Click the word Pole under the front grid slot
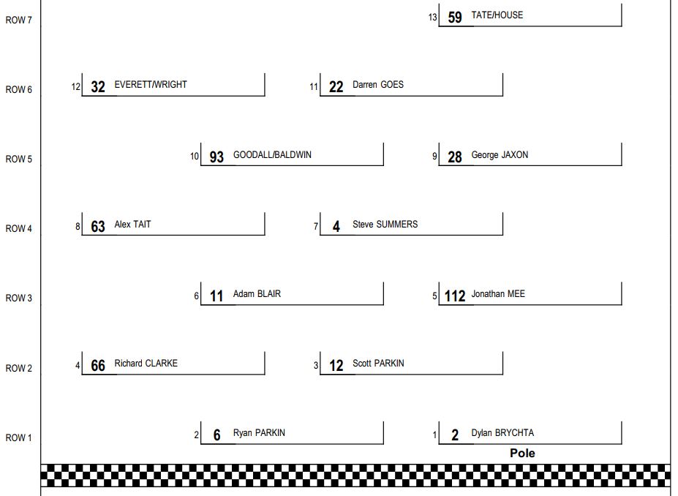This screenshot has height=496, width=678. (522, 453)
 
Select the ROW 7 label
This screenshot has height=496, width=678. (18, 20)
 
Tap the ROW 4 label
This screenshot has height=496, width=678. (18, 228)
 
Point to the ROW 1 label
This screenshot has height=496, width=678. (18, 437)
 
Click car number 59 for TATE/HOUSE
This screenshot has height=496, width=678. (455, 18)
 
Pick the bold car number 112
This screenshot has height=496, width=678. (455, 296)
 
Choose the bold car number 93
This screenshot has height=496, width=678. (216, 157)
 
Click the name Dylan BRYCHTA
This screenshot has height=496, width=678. (502, 433)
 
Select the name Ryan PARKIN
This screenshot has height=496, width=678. (259, 433)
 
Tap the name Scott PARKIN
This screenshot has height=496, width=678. (378, 364)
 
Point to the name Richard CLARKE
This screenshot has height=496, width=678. (146, 364)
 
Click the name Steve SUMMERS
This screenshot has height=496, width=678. (385, 225)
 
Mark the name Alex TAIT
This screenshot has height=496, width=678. (132, 225)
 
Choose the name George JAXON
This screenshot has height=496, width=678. (500, 155)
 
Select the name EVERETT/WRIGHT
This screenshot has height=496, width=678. (151, 85)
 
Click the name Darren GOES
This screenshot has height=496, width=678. (378, 85)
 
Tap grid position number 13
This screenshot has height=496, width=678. (432, 18)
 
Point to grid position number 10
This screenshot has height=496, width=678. (194, 157)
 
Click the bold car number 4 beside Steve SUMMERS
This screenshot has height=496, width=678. (336, 227)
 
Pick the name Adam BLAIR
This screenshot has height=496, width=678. (257, 294)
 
